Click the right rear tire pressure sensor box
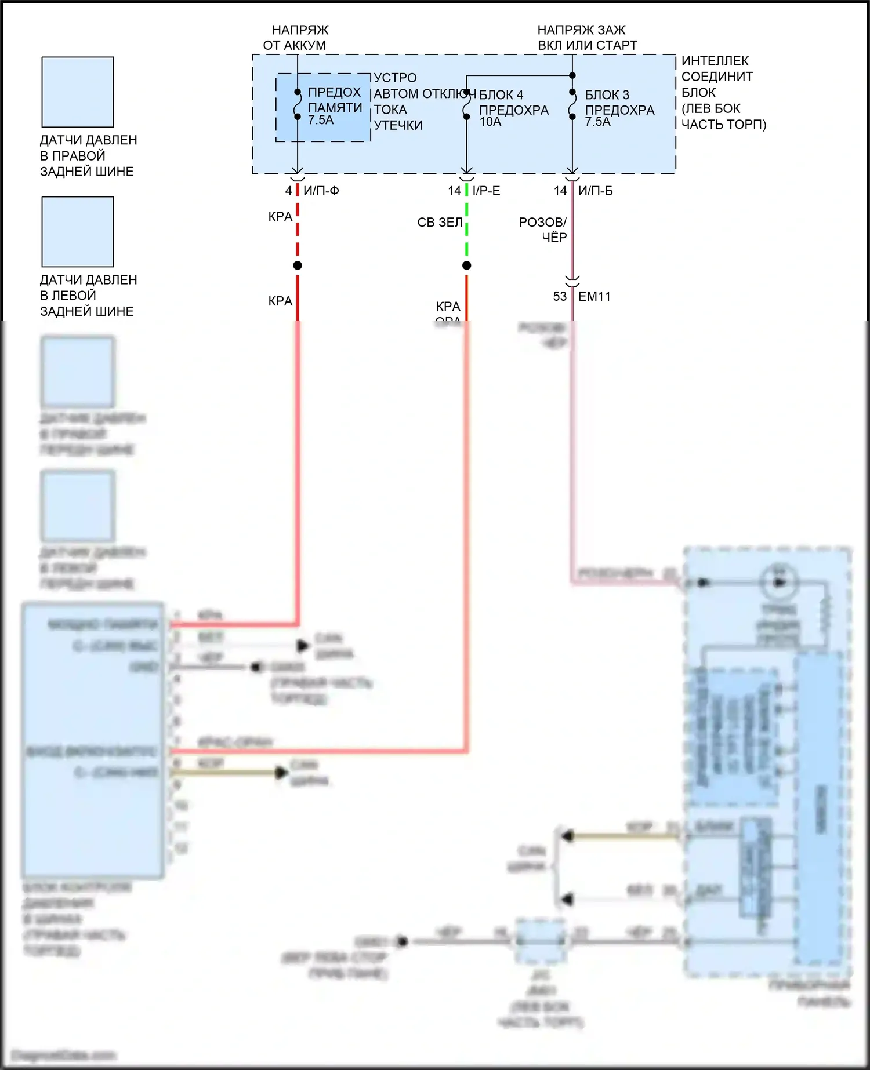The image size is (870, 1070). tap(78, 92)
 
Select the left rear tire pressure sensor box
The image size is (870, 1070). tap(78, 232)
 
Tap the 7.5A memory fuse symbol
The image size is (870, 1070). tap(298, 104)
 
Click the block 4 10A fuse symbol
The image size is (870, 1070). tap(466, 104)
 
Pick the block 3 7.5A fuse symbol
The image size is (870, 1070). tap(572, 104)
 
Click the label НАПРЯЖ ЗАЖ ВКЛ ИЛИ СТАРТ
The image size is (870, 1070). tap(586, 37)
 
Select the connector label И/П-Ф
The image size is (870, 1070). tap(321, 191)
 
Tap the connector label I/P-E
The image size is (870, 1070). tap(486, 191)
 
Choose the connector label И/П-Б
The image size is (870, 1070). tap(595, 191)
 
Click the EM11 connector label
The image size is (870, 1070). tap(594, 296)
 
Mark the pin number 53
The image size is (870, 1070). tap(560, 296)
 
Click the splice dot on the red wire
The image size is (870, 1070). tap(298, 265)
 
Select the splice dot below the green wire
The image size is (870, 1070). tap(467, 265)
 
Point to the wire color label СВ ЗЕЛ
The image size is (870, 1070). tap(440, 222)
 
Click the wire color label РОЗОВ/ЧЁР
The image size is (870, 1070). tap(543, 230)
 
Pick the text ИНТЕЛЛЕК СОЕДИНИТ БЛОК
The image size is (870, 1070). tap(717, 77)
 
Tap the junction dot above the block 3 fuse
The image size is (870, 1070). tap(572, 75)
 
